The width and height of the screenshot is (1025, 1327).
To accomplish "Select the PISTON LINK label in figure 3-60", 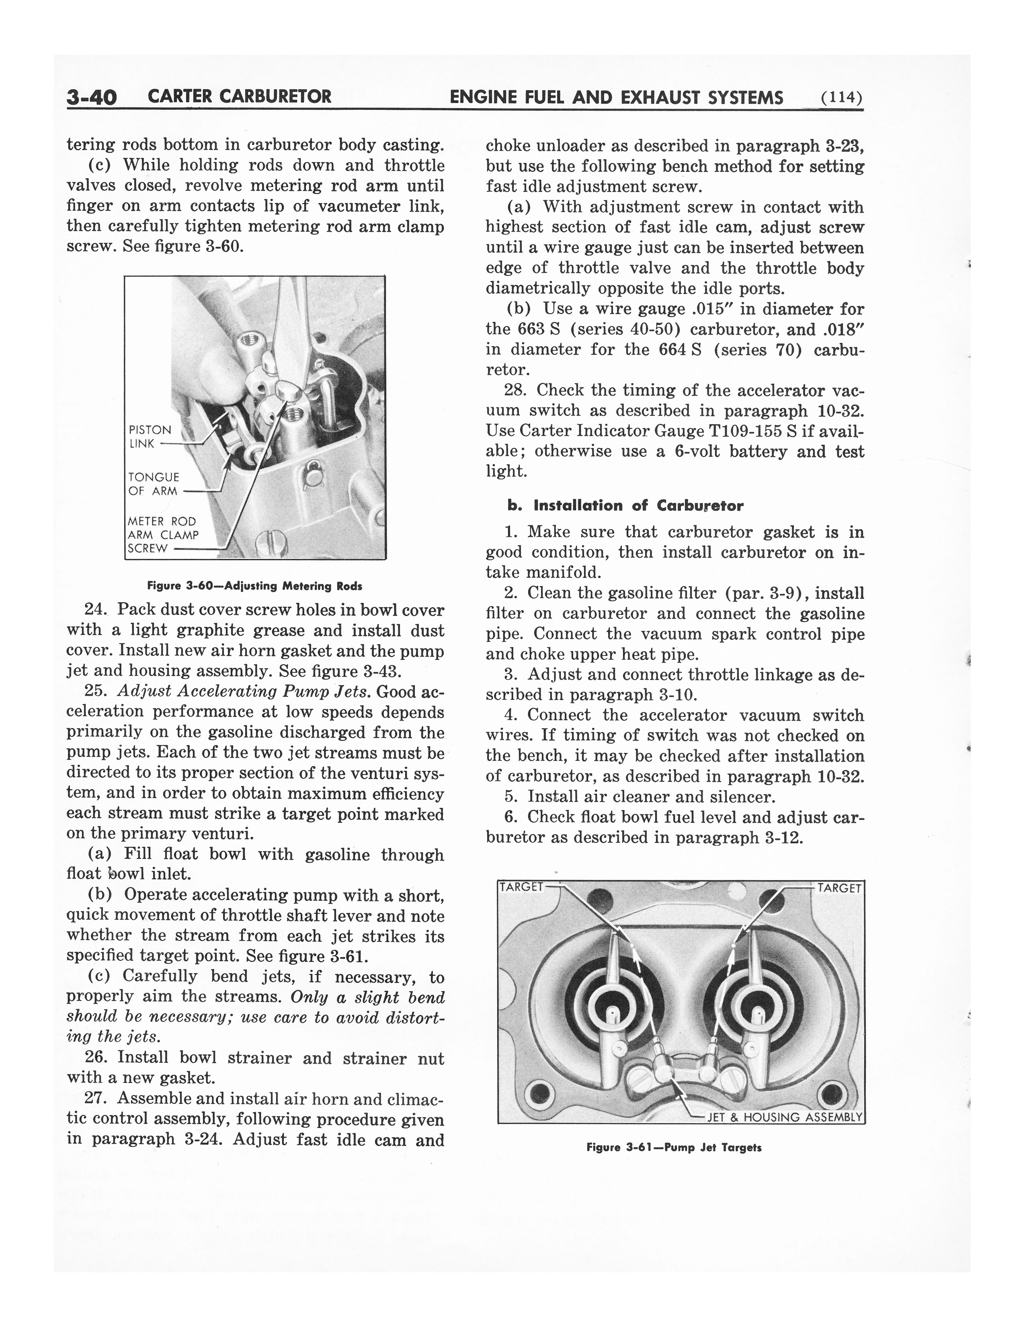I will tap(150, 436).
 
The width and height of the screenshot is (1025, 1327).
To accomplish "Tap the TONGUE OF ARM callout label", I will tap(154, 484).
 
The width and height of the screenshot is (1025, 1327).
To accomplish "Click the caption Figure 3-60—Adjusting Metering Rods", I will tap(254, 586).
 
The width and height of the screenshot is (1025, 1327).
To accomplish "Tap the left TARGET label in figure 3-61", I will tap(521, 887).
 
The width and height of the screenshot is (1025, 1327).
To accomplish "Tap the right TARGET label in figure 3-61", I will tap(839, 888).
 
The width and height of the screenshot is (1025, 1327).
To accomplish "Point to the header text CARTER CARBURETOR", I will tap(239, 97).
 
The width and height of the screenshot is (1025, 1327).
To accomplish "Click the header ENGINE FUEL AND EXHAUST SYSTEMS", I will tap(616, 97).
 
